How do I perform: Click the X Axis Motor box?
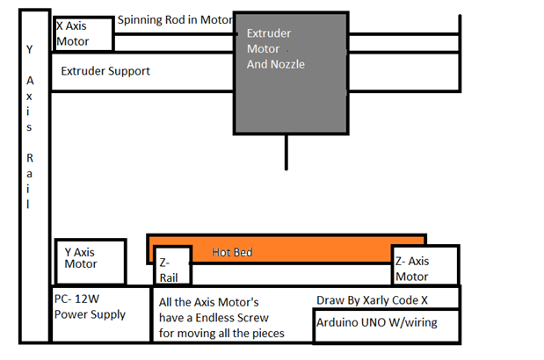[x=83, y=33]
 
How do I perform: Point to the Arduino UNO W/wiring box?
[x=386, y=323]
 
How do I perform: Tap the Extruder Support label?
[x=105, y=71]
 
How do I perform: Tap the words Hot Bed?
[x=232, y=253]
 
